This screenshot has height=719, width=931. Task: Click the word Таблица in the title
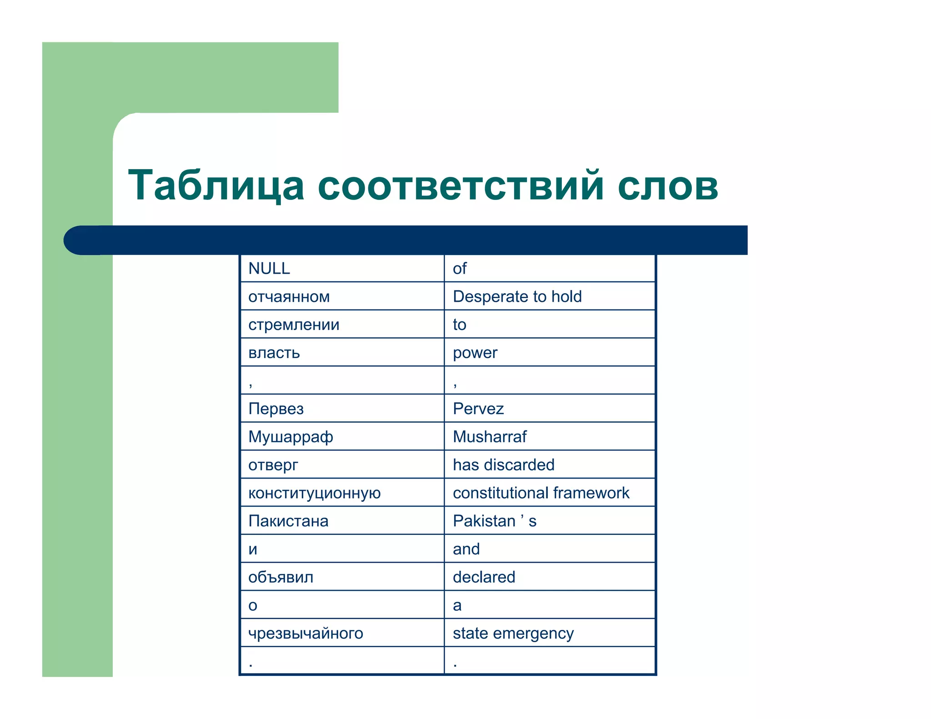[x=216, y=185]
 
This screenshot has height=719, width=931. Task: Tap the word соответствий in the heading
[x=460, y=185]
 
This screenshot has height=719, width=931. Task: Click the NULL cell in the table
[x=269, y=269]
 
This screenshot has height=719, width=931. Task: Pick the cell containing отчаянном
[x=289, y=297]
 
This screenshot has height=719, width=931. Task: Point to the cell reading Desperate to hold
[x=517, y=297]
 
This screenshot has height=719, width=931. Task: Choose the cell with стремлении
[x=294, y=325]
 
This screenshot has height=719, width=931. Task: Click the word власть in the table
[x=274, y=353]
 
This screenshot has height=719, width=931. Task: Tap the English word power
[x=475, y=353]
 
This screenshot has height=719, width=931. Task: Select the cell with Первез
[x=276, y=409]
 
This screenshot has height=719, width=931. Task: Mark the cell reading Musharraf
[x=490, y=437]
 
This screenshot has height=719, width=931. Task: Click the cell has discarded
[x=504, y=465]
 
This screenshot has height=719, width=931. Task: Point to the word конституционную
[x=315, y=493]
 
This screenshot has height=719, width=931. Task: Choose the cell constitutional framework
[x=541, y=493]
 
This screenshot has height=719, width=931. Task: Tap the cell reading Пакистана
[x=288, y=521]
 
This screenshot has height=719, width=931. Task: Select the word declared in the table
[x=484, y=577]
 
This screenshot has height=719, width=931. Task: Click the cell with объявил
[x=281, y=577]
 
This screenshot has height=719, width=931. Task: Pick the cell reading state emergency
[x=513, y=633]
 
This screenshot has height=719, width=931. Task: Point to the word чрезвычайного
[x=306, y=633]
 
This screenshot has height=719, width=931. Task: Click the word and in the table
[x=466, y=549]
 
